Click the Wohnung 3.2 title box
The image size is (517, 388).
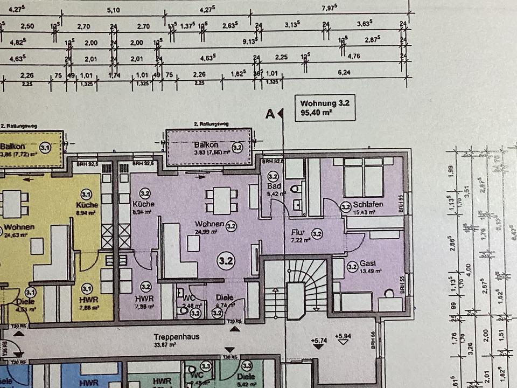(x=324, y=108)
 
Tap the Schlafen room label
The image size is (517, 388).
(x=368, y=205)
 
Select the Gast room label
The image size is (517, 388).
(x=367, y=264)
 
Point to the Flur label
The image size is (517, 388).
(x=297, y=232)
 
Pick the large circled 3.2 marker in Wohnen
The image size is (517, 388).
(x=226, y=261)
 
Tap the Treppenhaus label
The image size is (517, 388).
(x=176, y=337)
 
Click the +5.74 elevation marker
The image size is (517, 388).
(x=319, y=340)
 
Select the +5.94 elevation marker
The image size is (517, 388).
(x=343, y=336)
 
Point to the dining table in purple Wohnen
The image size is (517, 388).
(x=221, y=200)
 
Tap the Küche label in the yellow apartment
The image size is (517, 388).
(x=87, y=205)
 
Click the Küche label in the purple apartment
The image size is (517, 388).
(x=143, y=204)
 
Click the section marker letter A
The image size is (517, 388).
(x=270, y=113)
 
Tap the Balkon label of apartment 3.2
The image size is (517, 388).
(x=206, y=145)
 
